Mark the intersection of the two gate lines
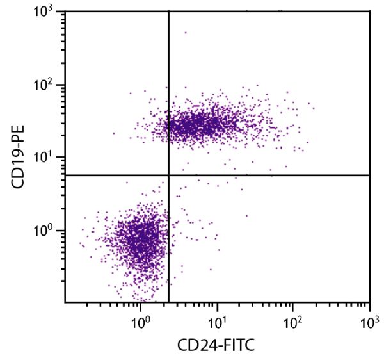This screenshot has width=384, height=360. pyautogui.click(x=168, y=175)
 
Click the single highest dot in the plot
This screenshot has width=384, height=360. pyautogui.click(x=186, y=32)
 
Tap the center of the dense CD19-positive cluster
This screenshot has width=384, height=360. pyautogui.click(x=198, y=125)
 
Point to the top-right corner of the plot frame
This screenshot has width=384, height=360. pyautogui.click(x=369, y=11)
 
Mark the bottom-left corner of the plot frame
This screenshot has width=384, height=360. pyautogui.click(x=65, y=302)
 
